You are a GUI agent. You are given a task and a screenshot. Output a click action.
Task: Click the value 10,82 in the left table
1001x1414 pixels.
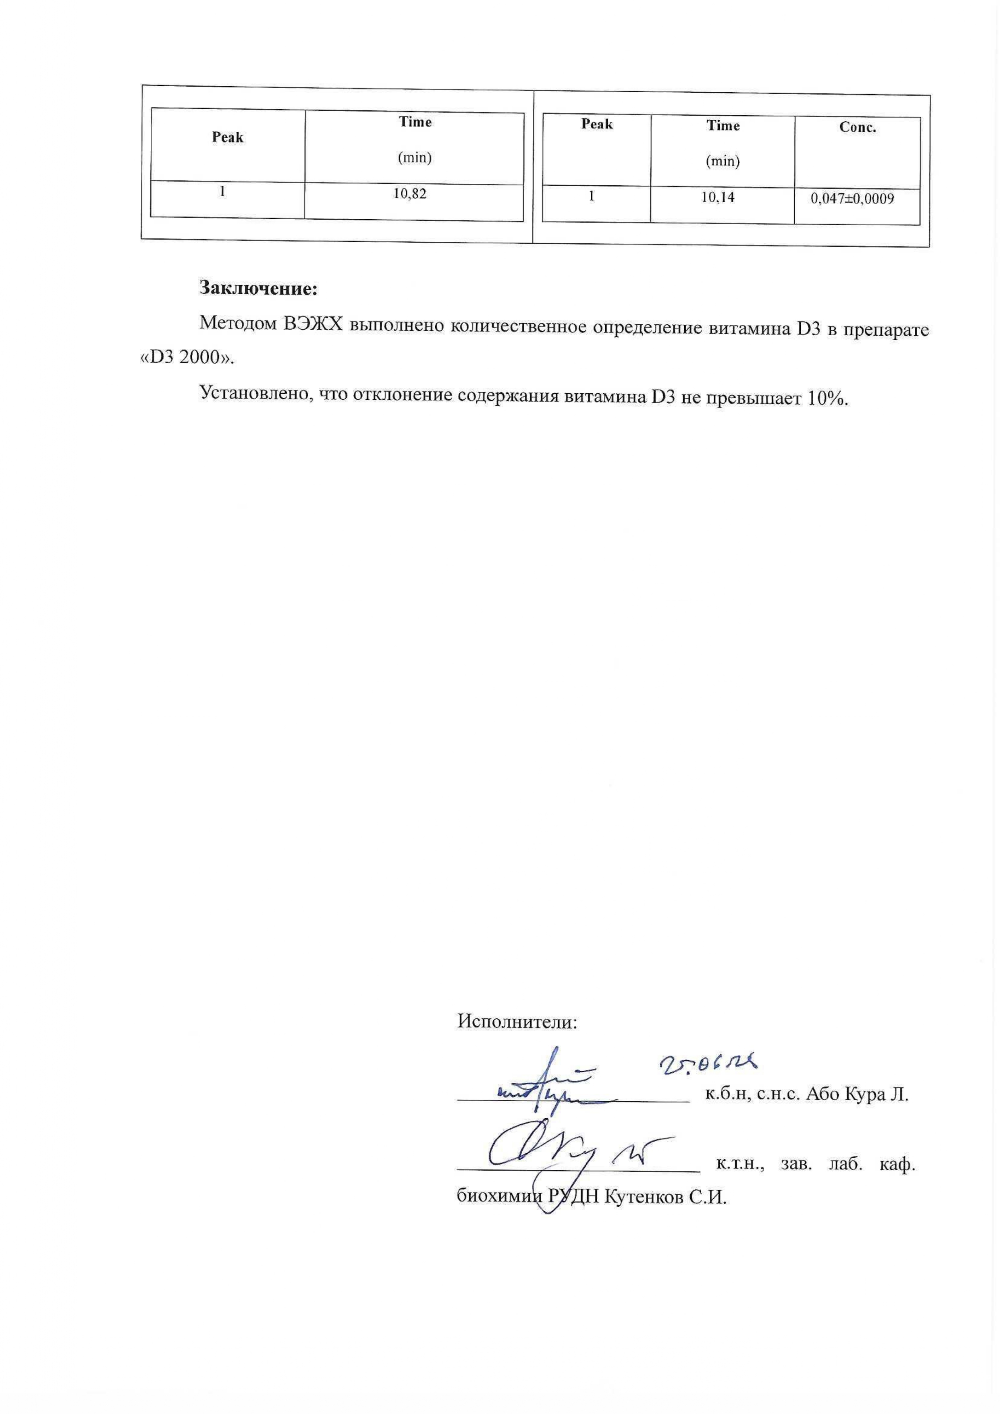point(410,194)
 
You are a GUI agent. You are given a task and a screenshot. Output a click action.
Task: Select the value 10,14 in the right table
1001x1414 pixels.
point(718,198)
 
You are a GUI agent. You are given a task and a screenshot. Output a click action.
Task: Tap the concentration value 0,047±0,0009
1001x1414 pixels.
point(852,199)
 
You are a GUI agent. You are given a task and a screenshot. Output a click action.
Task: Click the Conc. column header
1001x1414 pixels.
point(858,128)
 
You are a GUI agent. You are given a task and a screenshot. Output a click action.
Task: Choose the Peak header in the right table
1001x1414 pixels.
point(597,125)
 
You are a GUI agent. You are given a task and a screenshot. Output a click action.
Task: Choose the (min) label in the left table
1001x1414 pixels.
point(414,158)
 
